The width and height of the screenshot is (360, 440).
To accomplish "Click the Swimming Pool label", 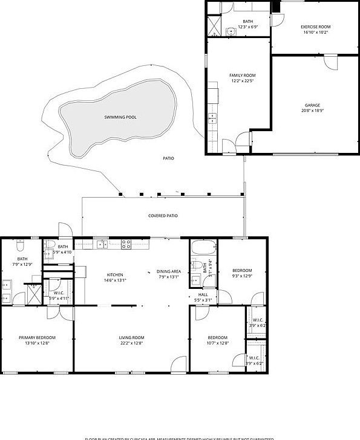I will coord(120,117).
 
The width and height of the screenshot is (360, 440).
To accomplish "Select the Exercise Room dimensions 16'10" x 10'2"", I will coord(316,33).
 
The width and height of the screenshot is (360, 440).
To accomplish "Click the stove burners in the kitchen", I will coord(126,244).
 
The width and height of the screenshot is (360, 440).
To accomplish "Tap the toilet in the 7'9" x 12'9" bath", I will coord(19,247).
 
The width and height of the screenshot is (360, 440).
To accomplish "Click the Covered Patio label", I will coord(163,216).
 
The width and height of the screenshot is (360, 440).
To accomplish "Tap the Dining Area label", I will coord(169,271).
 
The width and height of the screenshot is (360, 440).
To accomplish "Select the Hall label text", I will coord(203,294).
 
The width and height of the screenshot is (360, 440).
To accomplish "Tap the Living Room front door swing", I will coord(178,364).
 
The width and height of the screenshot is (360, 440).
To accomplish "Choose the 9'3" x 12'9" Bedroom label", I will coord(242,270).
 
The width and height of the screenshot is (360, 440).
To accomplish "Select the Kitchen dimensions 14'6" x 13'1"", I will coord(114,280).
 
